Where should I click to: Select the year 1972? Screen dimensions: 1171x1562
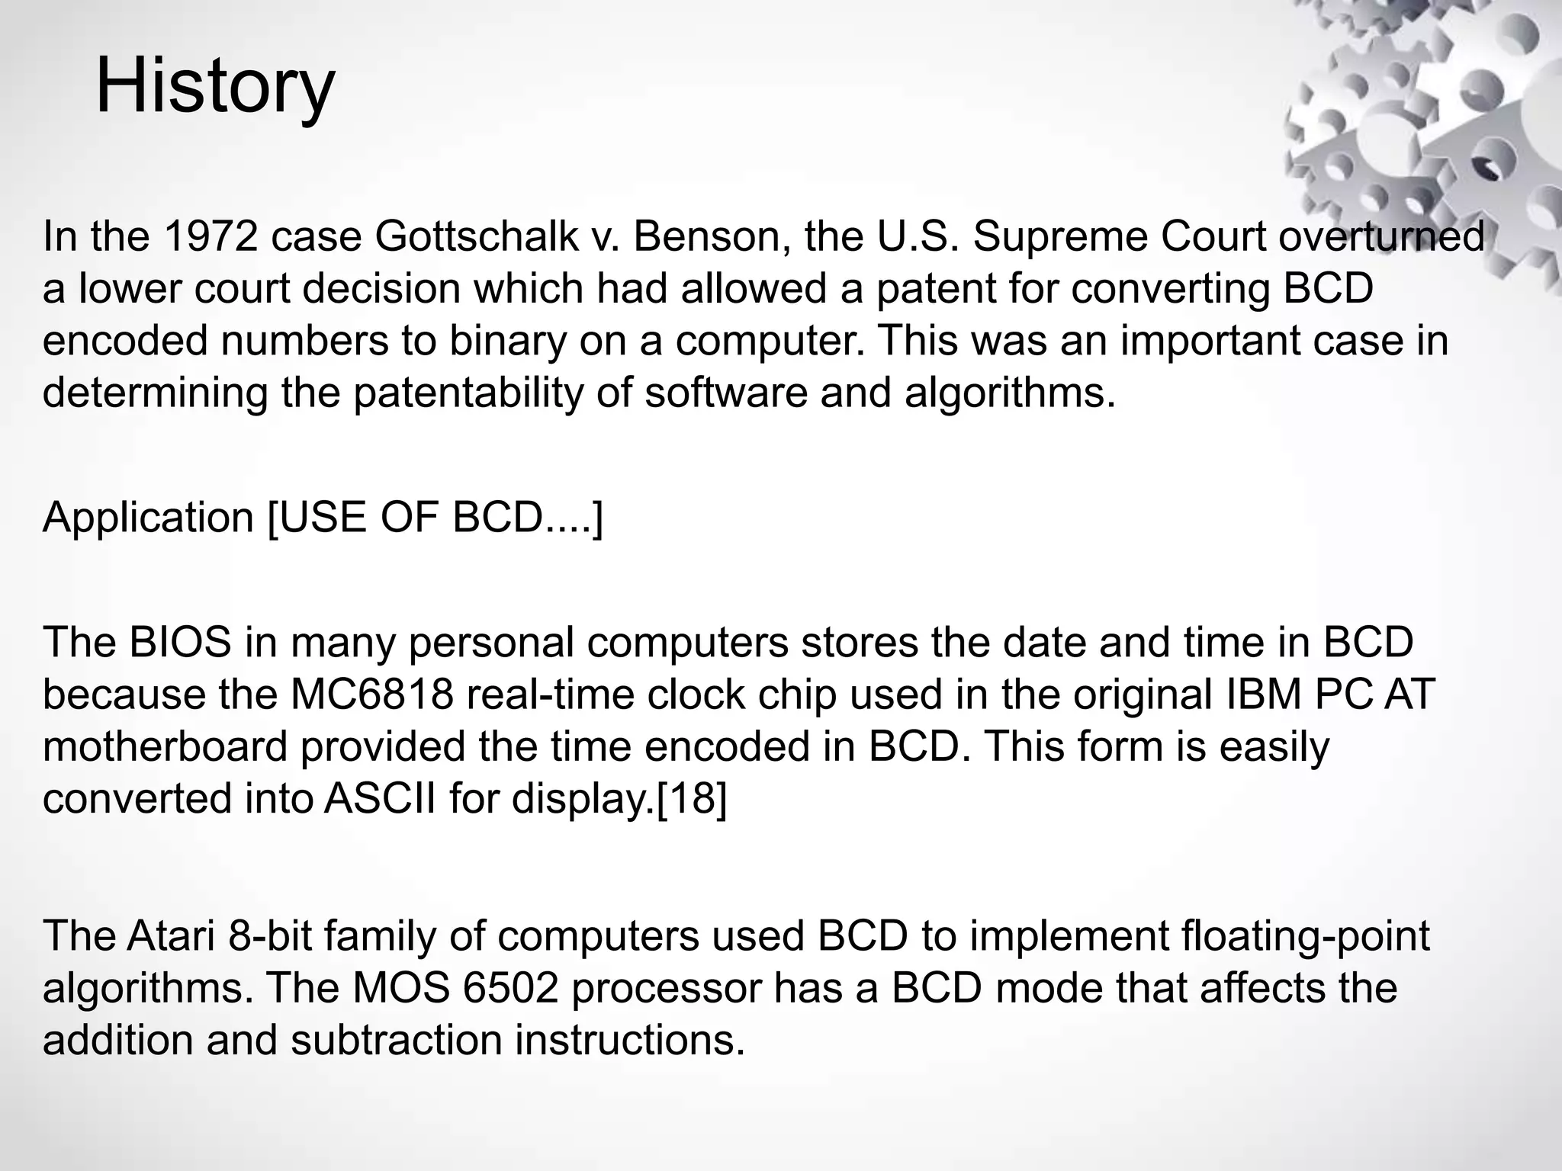point(211,236)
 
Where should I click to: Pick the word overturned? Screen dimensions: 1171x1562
point(1381,236)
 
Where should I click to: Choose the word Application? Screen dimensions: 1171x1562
point(148,518)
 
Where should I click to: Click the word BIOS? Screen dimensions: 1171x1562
point(180,643)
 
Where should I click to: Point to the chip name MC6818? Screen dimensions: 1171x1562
point(372,695)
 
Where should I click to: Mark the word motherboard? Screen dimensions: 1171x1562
point(165,746)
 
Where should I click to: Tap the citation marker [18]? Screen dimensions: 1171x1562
point(691,798)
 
